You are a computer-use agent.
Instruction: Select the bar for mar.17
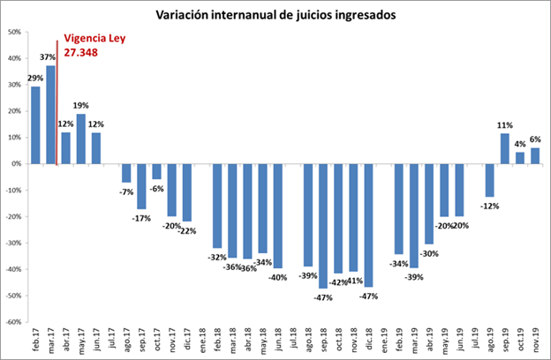tap(51, 115)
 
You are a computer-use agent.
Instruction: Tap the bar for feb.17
tap(36, 124)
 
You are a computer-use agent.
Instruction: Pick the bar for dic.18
tap(368, 225)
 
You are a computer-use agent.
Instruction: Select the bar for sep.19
tap(505, 148)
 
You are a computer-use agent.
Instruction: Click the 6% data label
tap(535, 139)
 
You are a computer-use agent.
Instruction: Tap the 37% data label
tap(50, 58)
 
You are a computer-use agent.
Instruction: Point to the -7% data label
tap(126, 191)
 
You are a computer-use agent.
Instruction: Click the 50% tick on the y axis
tap(14, 32)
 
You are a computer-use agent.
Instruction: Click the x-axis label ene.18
tap(203, 341)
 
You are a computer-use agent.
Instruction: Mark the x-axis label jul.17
tap(112, 341)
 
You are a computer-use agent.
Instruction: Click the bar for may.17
tap(81, 139)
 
